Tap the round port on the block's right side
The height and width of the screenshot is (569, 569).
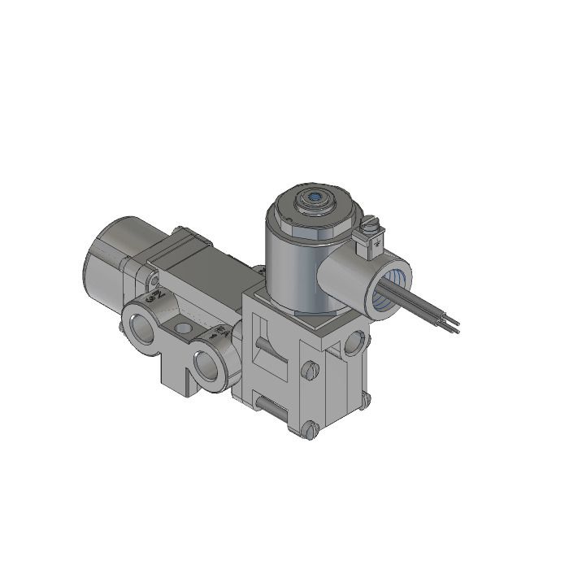(355, 343)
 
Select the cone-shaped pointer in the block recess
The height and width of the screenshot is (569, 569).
(264, 345)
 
